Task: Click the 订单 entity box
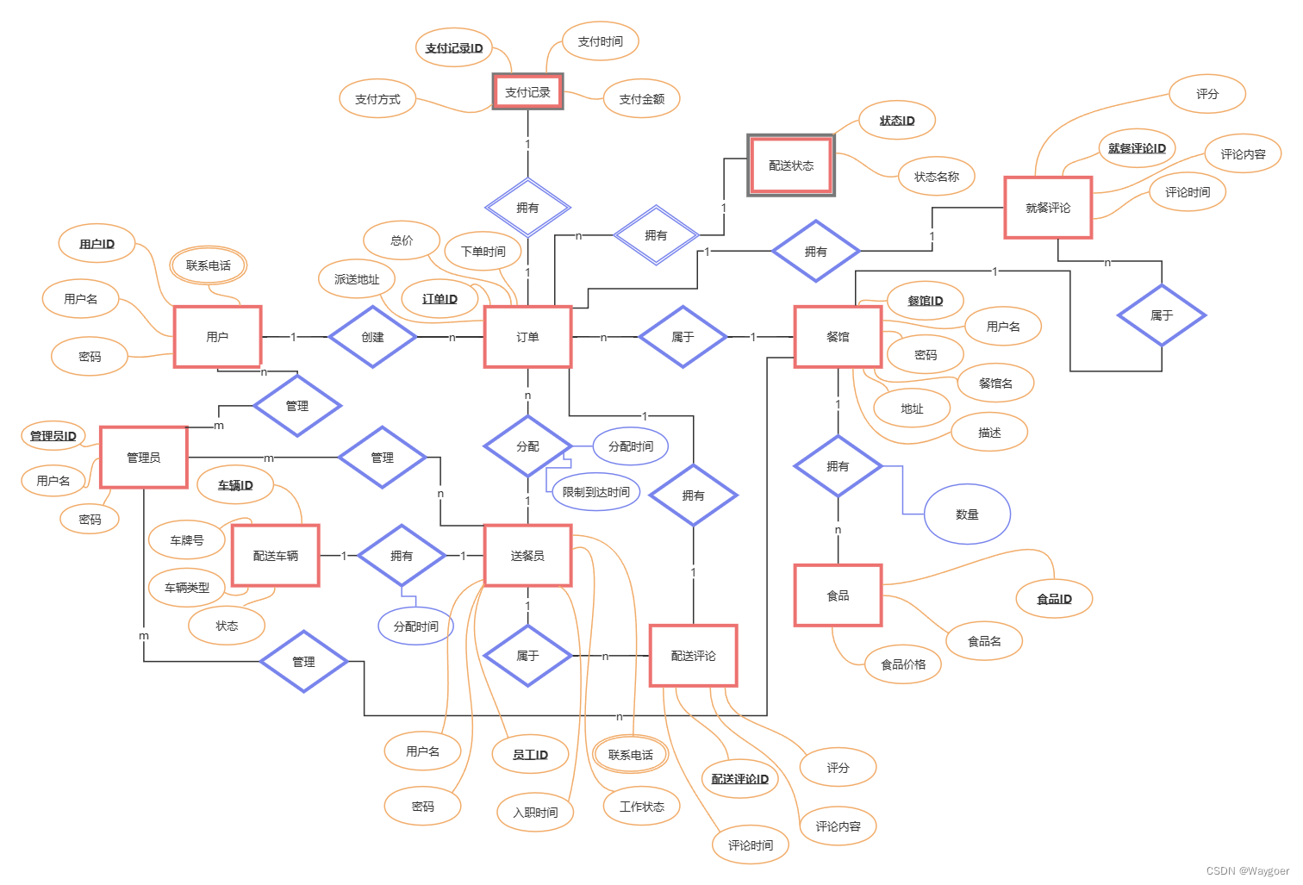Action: (x=527, y=337)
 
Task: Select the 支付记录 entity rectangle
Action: (x=527, y=92)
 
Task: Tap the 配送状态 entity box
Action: (x=790, y=165)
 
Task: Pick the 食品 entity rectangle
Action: (x=838, y=595)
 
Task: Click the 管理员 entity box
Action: (x=144, y=458)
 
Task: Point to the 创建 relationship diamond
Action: (x=372, y=337)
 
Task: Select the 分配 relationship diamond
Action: (x=527, y=446)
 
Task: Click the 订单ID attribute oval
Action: (x=440, y=299)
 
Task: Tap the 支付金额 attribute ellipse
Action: (x=642, y=99)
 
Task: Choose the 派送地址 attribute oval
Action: (x=357, y=279)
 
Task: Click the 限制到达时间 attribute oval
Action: (x=595, y=492)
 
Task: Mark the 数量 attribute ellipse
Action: (x=967, y=514)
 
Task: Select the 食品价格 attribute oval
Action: (x=903, y=664)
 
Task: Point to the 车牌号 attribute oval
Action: (x=187, y=540)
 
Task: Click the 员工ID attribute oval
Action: (x=530, y=755)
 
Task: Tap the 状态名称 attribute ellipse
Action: (x=937, y=177)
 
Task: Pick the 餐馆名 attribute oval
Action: (x=995, y=383)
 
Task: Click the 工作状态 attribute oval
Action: (x=642, y=807)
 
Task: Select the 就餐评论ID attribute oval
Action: (x=1137, y=148)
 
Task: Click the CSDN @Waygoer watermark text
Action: (x=1247, y=871)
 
